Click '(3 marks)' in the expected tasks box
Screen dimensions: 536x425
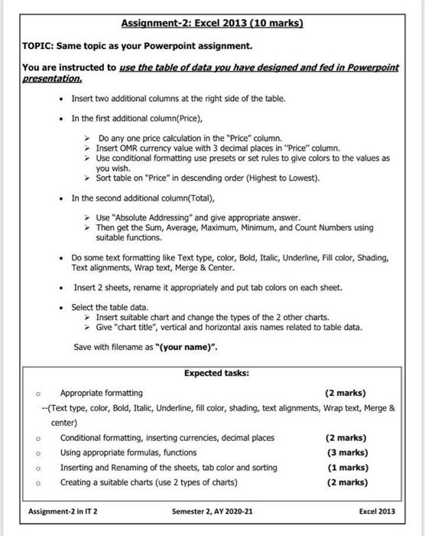(346, 453)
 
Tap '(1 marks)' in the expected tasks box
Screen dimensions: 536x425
(346, 467)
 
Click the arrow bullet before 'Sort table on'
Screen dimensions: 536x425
(88, 178)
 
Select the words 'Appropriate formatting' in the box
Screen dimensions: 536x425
(101, 393)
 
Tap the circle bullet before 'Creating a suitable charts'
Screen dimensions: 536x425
(37, 482)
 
